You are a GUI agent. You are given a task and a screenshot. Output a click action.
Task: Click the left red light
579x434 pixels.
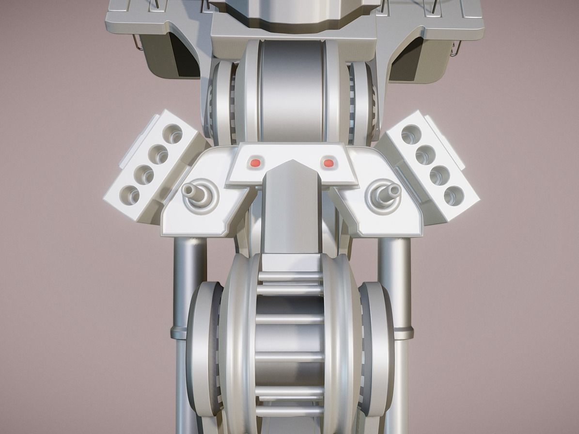tap(255, 162)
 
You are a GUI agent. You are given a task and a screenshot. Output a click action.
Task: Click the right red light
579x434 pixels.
tap(329, 162)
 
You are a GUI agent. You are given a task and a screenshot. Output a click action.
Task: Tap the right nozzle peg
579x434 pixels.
tap(388, 193)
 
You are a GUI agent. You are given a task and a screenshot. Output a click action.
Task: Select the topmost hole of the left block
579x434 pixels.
tap(172, 133)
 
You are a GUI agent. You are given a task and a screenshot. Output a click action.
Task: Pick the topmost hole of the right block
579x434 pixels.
tap(411, 134)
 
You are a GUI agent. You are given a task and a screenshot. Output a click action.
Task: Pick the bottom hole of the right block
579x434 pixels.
tap(454, 195)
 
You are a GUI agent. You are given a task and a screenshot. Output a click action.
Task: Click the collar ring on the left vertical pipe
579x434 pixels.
tap(179, 333)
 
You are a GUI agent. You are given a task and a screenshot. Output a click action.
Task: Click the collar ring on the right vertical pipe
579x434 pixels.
tap(403, 333)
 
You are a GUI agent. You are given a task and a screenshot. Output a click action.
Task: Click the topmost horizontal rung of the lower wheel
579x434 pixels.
tap(290, 276)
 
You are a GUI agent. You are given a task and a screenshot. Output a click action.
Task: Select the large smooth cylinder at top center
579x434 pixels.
tap(291, 90)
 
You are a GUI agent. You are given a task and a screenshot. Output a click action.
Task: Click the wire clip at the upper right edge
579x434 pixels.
tap(454, 48)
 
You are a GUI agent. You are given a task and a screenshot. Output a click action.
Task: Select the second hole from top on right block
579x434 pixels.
tap(425, 154)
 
